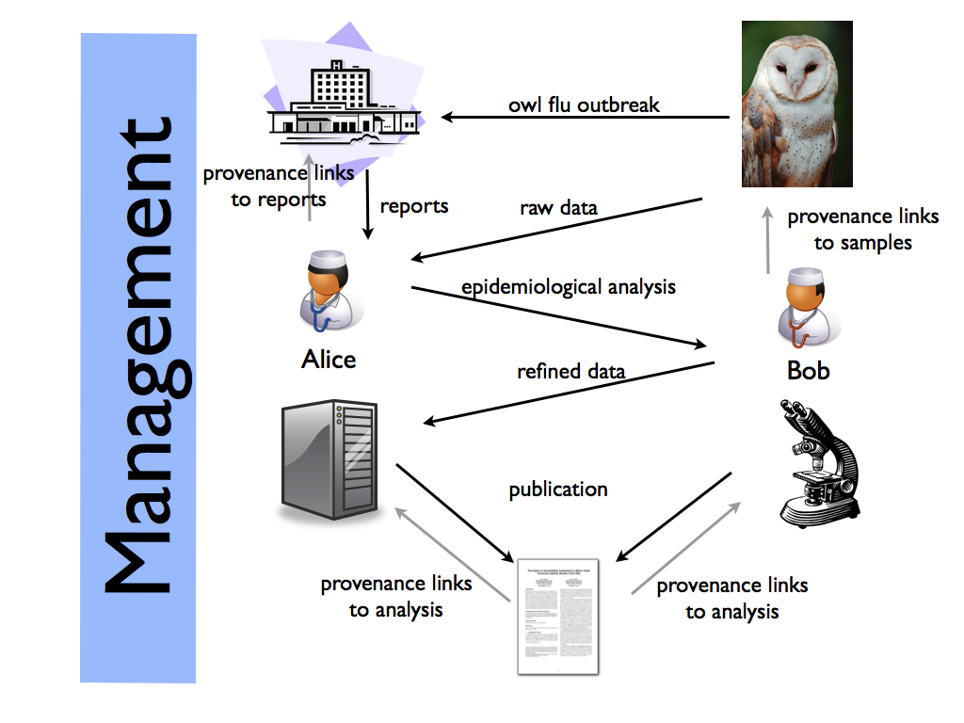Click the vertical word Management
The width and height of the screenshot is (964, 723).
(x=137, y=358)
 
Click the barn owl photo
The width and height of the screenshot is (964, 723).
(x=796, y=104)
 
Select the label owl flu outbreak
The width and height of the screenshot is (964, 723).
(x=584, y=104)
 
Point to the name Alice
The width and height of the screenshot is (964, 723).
(x=329, y=359)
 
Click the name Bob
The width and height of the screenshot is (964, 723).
(x=808, y=370)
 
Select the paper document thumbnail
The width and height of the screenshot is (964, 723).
(x=558, y=616)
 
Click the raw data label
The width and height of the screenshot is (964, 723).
(x=558, y=207)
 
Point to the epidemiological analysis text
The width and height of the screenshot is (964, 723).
(x=569, y=286)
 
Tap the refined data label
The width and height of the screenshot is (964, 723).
(x=570, y=371)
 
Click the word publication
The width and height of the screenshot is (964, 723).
(x=558, y=490)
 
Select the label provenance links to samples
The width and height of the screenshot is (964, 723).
(x=862, y=229)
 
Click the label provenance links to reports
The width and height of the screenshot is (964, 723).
(x=279, y=185)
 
